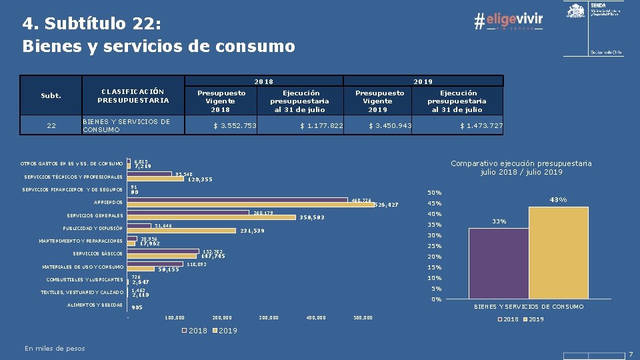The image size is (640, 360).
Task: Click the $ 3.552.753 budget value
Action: pyautogui.click(x=235, y=126)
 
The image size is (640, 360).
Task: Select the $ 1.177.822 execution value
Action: pyautogui.click(x=321, y=126)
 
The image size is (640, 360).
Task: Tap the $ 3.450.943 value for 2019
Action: pyautogui.click(x=391, y=126)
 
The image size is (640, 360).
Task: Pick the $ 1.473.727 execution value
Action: pyautogui.click(x=481, y=126)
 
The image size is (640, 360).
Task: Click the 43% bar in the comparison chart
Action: pyautogui.click(x=559, y=253)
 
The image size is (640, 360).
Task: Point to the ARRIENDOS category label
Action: pyautogui.click(x=108, y=202)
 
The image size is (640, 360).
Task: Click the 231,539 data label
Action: pyautogui.click(x=253, y=231)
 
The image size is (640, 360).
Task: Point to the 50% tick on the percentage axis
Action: pyautogui.click(x=435, y=193)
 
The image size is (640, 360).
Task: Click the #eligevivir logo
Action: pyautogui.click(x=508, y=21)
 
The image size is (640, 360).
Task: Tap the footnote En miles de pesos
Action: pyautogui.click(x=55, y=348)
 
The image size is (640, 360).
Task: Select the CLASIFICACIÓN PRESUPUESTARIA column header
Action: pyautogui.click(x=133, y=95)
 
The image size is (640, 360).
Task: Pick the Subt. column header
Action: pyautogui.click(x=51, y=95)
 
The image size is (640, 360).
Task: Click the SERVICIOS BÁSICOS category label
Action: pyautogui.click(x=97, y=254)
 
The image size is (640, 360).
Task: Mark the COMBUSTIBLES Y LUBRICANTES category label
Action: pyautogui.click(x=85, y=280)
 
